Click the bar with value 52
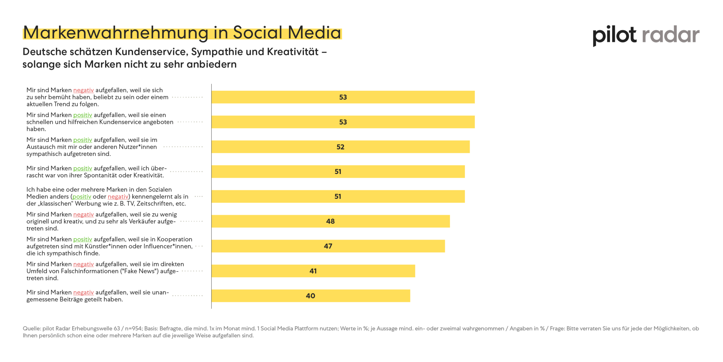340,147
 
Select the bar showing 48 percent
330,221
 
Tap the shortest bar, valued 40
311,296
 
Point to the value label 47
328,246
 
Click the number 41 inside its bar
313,271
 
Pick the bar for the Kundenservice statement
343,122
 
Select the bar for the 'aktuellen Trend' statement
343,97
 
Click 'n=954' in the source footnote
133,328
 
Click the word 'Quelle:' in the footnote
32,328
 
